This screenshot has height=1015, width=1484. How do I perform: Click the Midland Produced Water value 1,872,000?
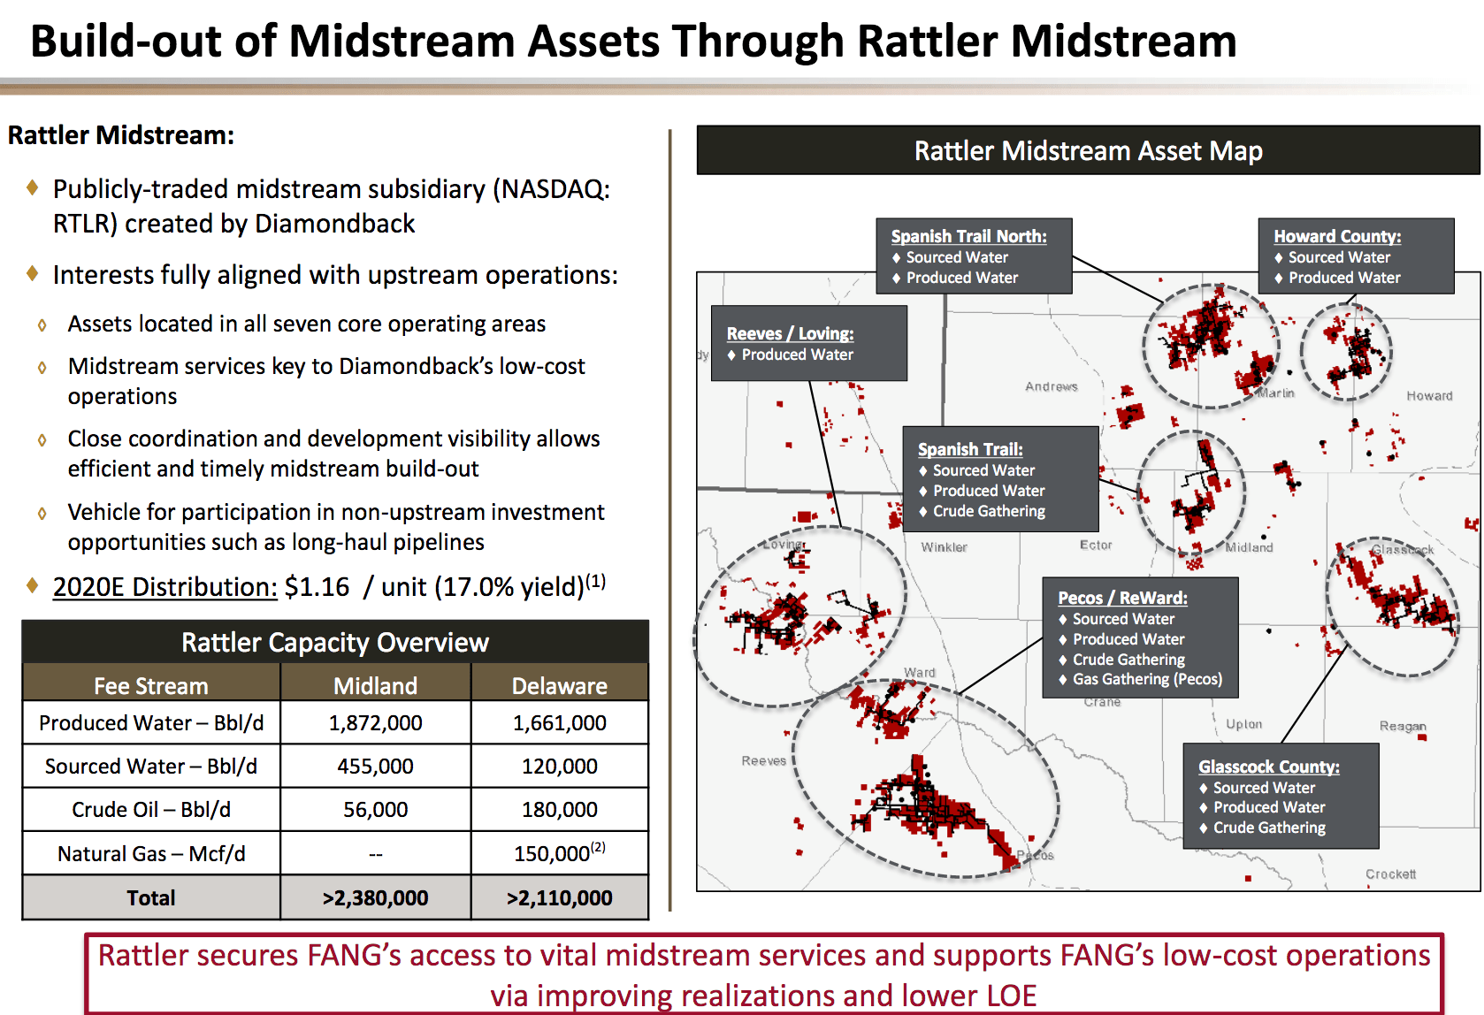(x=375, y=723)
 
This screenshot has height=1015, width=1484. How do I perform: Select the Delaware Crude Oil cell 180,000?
(x=559, y=810)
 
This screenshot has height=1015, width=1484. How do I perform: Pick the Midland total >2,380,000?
(x=375, y=897)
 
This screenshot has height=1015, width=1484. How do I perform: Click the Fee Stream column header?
(x=151, y=686)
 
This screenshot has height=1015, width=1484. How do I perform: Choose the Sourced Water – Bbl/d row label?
(x=151, y=767)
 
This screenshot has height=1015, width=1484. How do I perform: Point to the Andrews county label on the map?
(x=1052, y=386)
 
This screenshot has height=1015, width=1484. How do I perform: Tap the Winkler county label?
(x=944, y=547)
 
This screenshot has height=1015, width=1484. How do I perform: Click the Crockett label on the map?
(x=1390, y=874)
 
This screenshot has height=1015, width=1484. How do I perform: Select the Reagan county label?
(x=1403, y=726)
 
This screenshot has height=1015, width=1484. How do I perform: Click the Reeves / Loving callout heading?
(x=790, y=333)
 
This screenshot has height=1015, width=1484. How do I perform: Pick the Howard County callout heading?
(x=1337, y=236)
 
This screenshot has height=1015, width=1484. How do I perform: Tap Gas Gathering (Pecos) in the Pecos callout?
(x=1147, y=679)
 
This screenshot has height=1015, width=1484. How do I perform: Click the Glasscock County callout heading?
(x=1269, y=767)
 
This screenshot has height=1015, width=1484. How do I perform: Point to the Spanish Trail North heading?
(x=968, y=236)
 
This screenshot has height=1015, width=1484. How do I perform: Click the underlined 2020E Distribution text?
(x=165, y=587)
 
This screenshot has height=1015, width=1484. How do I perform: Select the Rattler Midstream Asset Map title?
(x=1088, y=151)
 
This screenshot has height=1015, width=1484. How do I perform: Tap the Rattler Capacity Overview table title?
(x=335, y=643)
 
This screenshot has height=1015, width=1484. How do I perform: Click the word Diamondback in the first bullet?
(x=334, y=224)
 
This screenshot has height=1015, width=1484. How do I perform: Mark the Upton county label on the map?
(x=1243, y=724)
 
